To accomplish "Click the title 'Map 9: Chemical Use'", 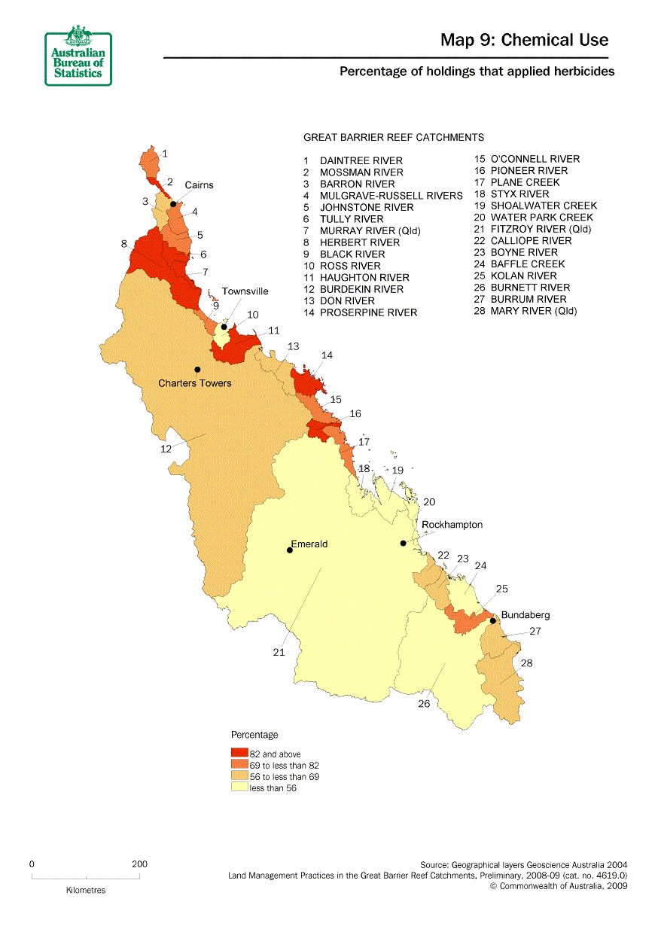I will pos(524,40).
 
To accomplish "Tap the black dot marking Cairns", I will pos(173,204).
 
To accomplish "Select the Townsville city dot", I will pos(224,327).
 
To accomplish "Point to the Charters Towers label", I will pos(194,383).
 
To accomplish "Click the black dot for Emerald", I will pos(290,550).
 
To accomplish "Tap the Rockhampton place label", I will pos(452,525).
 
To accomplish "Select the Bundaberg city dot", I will pos(493,621).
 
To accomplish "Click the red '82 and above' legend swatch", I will pos(239,754).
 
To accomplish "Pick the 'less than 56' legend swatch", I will pos(239,787).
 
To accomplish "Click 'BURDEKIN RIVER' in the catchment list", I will pos(361,289).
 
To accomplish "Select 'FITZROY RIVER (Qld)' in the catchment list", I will pos(541,229).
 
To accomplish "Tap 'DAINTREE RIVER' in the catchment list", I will pos(361,160).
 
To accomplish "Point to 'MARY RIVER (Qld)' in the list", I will pos(534,311).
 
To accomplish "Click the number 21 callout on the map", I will pos(279,653).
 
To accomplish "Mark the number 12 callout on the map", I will pos(166,449).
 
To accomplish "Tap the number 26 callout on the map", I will pos(424,704).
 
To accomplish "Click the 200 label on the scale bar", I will pos(139,864).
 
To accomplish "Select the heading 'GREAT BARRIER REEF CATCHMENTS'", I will pos(393,138).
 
